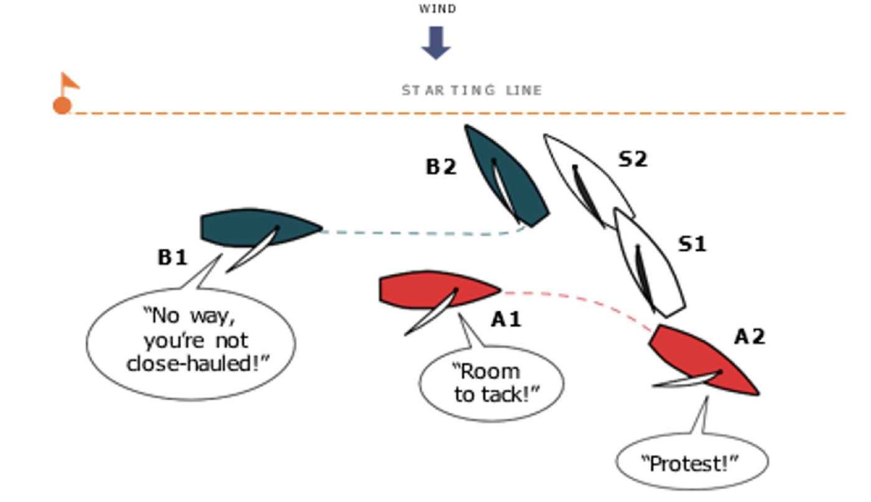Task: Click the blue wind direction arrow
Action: pos(435,43)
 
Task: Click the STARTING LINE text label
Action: pos(472,91)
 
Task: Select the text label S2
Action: pos(632,160)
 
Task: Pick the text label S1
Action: pos(692,245)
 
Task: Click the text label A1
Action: pos(506,320)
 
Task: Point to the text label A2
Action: pos(750,337)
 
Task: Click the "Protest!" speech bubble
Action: pos(692,463)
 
